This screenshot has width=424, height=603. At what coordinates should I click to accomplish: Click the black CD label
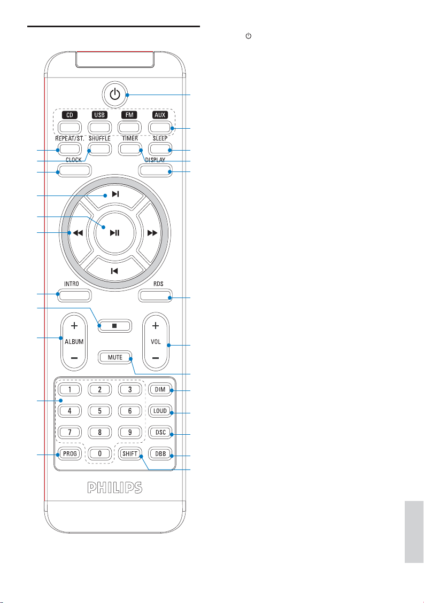[x=70, y=115]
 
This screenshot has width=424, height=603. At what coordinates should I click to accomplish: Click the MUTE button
[x=115, y=357]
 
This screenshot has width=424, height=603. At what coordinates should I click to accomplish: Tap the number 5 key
[x=99, y=411]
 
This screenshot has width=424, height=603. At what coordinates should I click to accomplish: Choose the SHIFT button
[x=129, y=454]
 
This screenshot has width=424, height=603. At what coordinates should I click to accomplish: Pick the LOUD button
[x=159, y=411]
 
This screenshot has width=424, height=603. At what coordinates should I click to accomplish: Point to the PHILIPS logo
[x=115, y=487]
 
